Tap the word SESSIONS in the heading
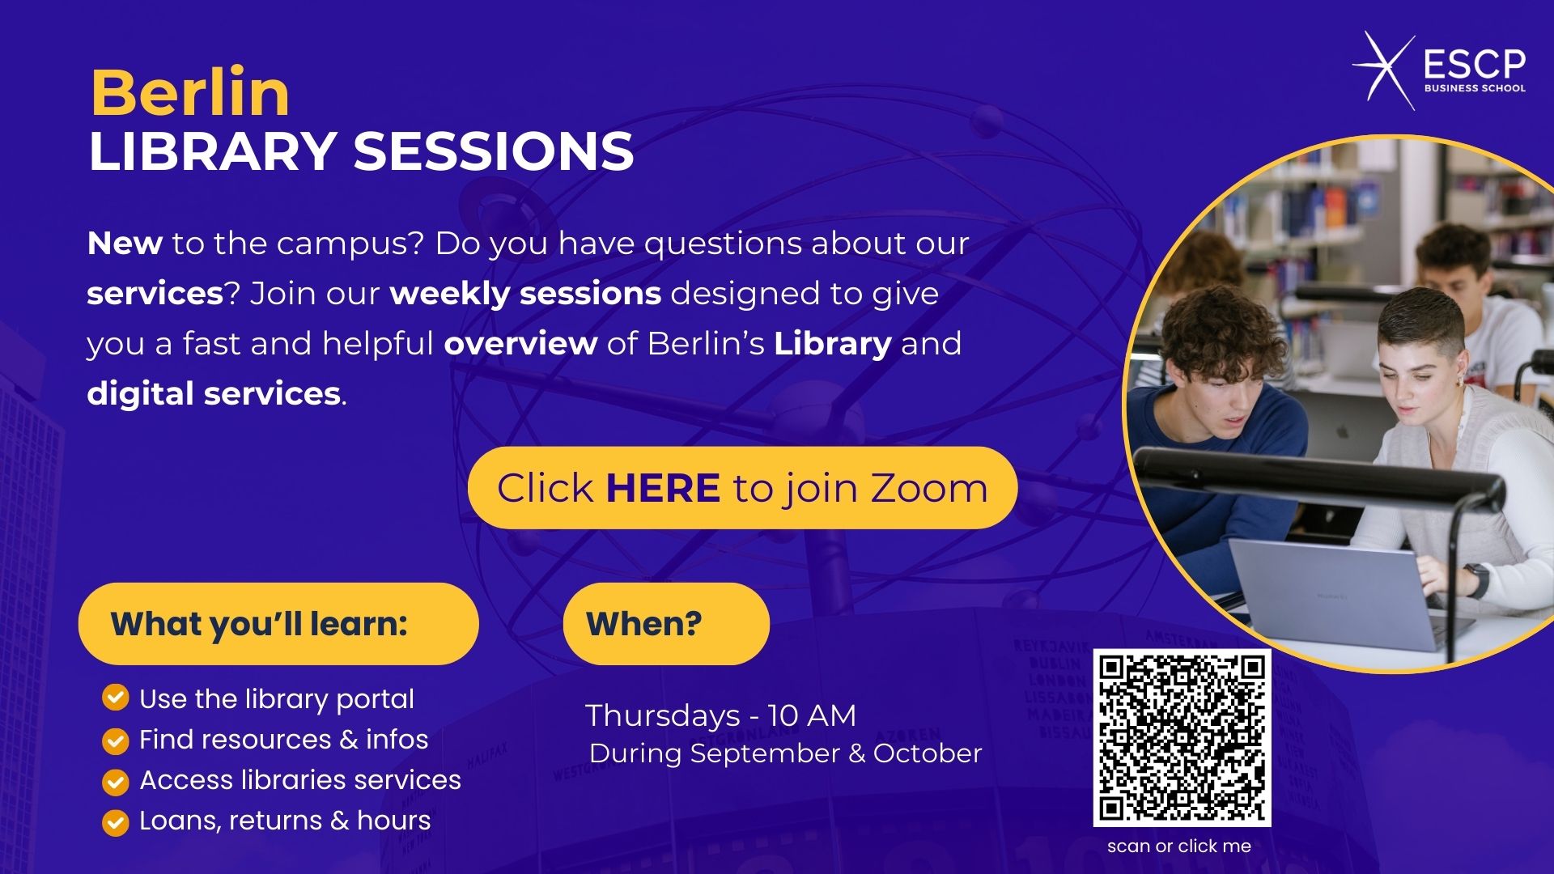pyautogui.click(x=494, y=151)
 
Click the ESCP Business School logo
pyautogui.click(x=1439, y=71)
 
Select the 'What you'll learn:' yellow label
pyautogui.click(x=278, y=624)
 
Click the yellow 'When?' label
pyautogui.click(x=666, y=624)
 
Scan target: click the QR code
pyautogui.click(x=1182, y=738)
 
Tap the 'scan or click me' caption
pyautogui.click(x=1179, y=846)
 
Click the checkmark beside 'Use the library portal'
pyautogui.click(x=116, y=698)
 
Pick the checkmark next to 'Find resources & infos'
pyautogui.click(x=116, y=740)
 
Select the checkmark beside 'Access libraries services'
pyautogui.click(x=116, y=782)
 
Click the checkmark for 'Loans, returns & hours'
pyautogui.click(x=116, y=822)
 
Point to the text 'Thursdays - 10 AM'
pyautogui.click(x=720, y=715)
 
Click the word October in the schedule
pyautogui.click(x=928, y=753)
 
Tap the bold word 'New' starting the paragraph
pyautogui.click(x=125, y=244)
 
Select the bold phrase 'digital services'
pyautogui.click(x=214, y=394)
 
